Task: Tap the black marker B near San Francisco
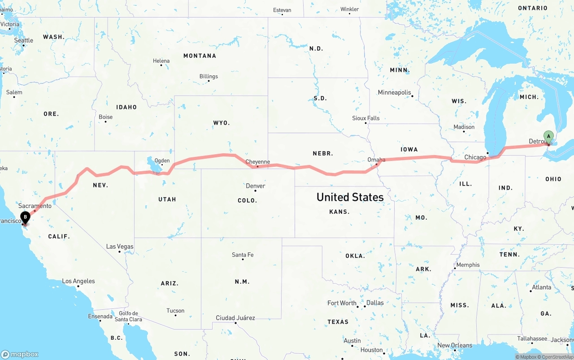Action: [26, 217]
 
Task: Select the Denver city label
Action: [255, 186]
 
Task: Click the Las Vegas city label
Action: [120, 247]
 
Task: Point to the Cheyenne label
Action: [257, 162]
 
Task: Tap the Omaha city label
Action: [376, 160]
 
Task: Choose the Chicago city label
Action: [475, 157]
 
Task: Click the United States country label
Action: [350, 197]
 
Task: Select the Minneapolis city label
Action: [394, 93]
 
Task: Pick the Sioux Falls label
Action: [365, 118]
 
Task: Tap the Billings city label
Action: [209, 77]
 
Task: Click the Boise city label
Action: [105, 117]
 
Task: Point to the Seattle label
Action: [23, 40]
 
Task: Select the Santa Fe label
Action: [243, 255]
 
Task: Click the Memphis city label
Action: [468, 265]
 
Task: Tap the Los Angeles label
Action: [78, 281]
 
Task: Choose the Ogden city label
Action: [162, 160]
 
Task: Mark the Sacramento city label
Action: [35, 206]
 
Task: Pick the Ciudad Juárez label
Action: [235, 318]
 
